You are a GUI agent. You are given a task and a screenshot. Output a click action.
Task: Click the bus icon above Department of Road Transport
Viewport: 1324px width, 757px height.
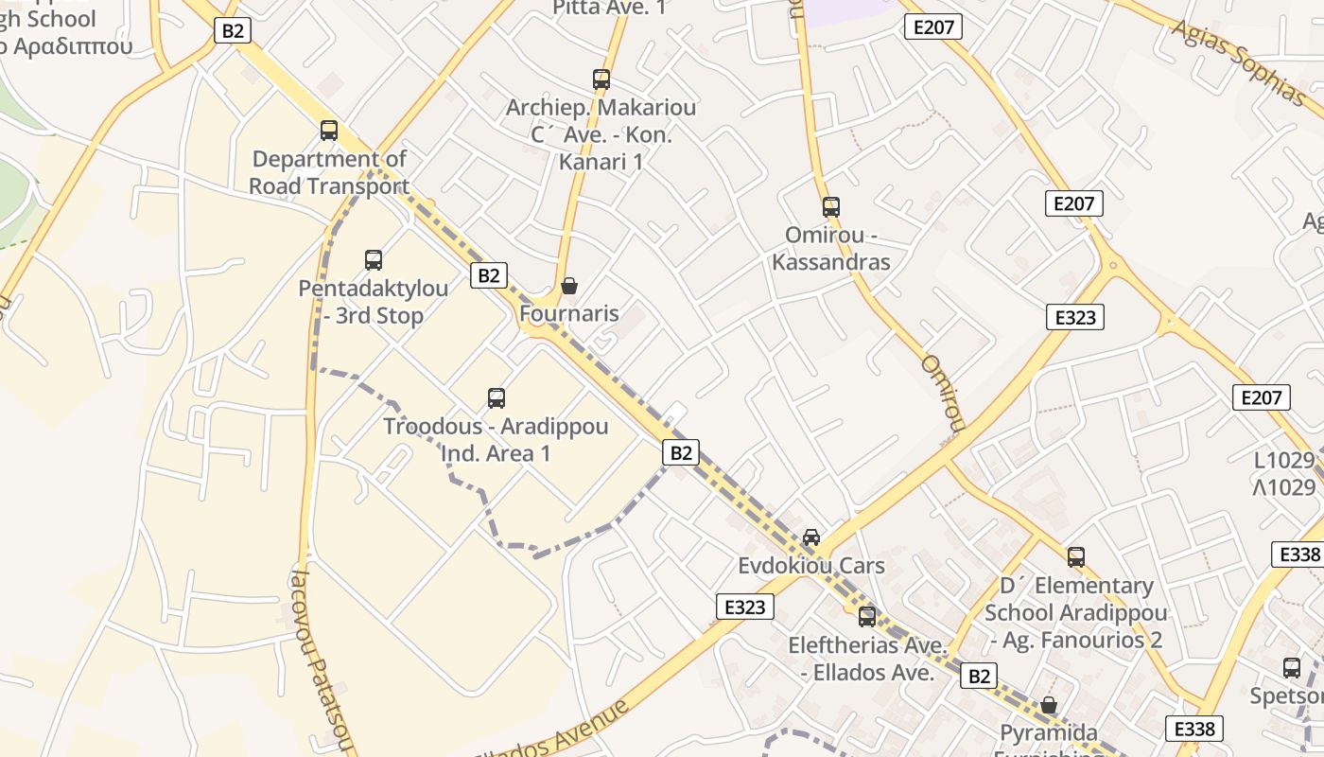click(x=329, y=131)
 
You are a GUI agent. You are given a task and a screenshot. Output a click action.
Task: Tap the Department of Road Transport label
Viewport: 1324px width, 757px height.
click(x=329, y=173)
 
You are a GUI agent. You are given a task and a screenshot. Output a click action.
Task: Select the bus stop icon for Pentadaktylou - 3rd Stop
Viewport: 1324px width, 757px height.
click(x=374, y=259)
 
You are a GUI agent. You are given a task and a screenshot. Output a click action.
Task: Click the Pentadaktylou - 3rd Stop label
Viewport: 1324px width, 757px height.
click(x=374, y=302)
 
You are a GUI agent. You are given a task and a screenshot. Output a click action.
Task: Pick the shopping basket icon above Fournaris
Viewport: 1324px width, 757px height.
click(x=569, y=285)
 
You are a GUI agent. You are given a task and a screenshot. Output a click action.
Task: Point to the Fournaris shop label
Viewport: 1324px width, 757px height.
click(x=569, y=314)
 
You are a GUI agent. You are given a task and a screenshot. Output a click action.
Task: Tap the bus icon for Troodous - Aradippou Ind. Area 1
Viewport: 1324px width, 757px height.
click(x=496, y=398)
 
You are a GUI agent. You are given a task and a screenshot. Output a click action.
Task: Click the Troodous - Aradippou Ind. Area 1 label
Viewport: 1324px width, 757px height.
click(x=496, y=440)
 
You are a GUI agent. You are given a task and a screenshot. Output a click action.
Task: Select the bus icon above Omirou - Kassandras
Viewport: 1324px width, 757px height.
click(x=831, y=206)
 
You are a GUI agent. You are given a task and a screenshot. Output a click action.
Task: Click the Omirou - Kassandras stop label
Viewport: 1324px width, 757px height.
click(x=831, y=248)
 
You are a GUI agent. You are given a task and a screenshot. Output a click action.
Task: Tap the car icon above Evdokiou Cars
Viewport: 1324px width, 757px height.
click(x=811, y=537)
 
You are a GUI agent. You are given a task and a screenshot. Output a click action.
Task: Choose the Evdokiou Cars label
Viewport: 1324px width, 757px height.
click(x=811, y=566)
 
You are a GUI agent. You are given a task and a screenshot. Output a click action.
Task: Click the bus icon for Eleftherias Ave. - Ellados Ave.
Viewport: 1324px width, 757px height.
click(x=867, y=617)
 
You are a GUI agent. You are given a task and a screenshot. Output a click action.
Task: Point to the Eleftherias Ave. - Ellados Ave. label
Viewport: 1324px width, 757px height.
click(x=867, y=660)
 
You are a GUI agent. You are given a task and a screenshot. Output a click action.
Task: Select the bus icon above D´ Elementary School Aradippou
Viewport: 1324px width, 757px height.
click(x=1076, y=557)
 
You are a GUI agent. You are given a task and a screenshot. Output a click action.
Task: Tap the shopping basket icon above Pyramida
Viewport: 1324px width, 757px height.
click(x=1049, y=705)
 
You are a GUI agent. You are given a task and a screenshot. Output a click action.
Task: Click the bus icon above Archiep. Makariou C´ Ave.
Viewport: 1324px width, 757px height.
click(x=601, y=79)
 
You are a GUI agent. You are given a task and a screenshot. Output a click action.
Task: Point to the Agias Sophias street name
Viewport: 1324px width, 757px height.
click(x=1239, y=59)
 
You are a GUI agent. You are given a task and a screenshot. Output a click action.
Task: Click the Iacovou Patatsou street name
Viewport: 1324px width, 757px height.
click(x=322, y=661)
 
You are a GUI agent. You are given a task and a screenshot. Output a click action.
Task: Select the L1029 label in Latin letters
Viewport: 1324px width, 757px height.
click(x=1284, y=461)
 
